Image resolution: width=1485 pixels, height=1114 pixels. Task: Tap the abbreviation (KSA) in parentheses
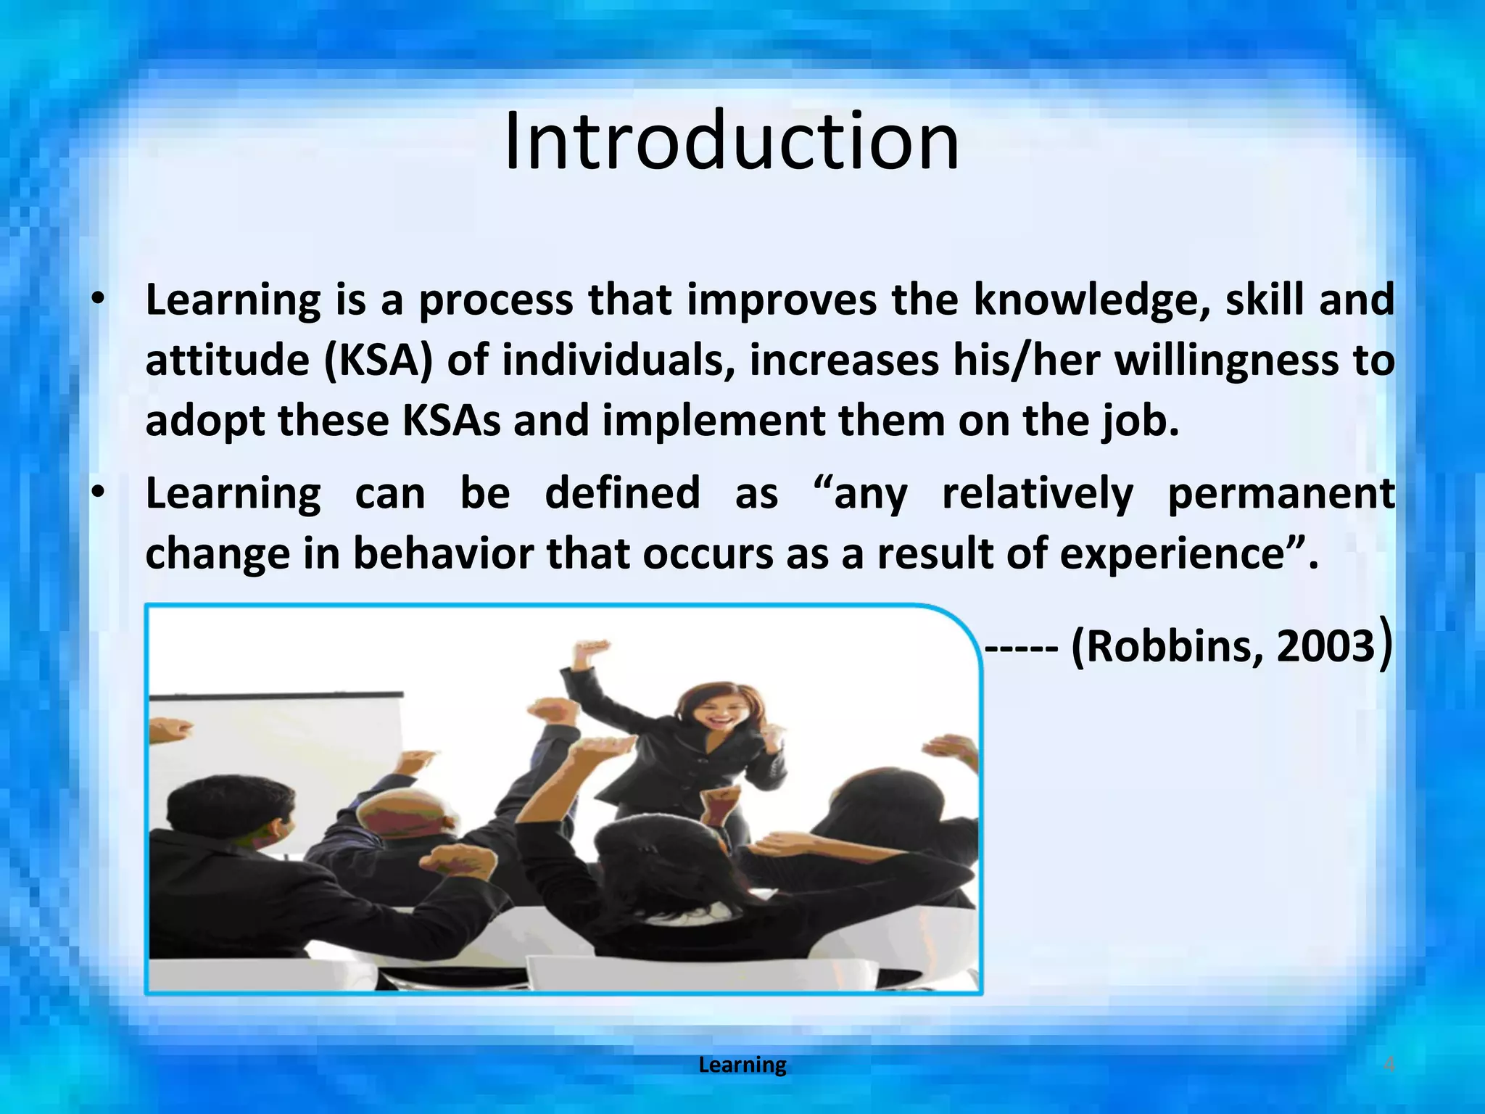[x=379, y=361]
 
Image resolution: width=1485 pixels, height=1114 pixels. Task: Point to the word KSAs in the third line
[x=451, y=421]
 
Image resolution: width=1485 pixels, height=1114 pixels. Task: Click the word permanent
[x=1281, y=494]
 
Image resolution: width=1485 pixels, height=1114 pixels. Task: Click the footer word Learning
[x=742, y=1065]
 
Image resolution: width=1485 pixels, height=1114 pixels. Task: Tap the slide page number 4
[x=1389, y=1065]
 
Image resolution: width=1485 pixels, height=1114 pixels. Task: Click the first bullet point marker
[x=99, y=300]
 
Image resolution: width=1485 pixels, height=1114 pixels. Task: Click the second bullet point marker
[x=99, y=494]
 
